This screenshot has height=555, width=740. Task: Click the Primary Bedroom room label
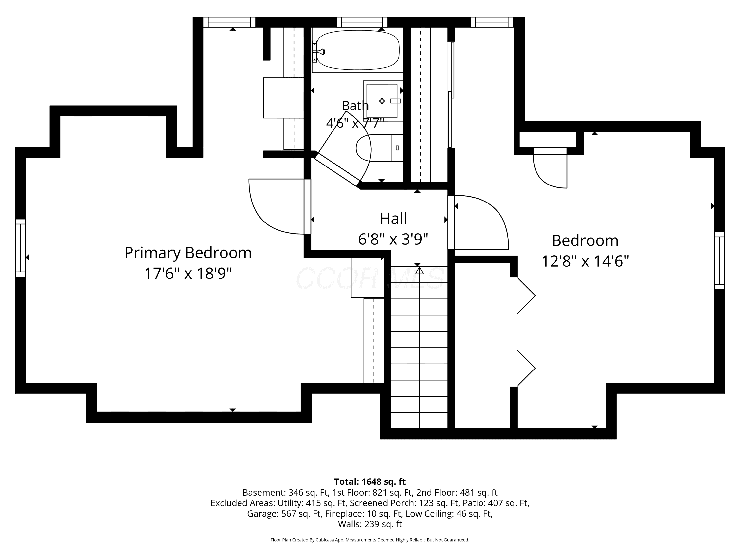[x=188, y=253]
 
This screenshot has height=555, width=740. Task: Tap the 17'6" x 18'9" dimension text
[x=188, y=273]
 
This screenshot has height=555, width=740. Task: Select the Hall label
[x=393, y=219]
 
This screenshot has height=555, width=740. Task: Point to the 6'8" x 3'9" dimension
[x=393, y=239]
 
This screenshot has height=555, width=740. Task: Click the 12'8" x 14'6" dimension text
[x=585, y=261]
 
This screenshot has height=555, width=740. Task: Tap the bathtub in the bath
[x=358, y=50]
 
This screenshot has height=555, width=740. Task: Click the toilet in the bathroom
[x=379, y=148]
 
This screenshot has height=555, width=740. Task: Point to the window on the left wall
[x=20, y=248]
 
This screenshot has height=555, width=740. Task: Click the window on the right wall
[x=720, y=261]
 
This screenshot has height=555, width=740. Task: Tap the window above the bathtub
[x=362, y=22]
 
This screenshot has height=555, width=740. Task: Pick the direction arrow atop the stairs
[x=420, y=270]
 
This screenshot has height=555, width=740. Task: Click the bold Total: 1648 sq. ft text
[x=370, y=482]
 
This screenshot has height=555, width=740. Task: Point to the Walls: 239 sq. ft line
[x=370, y=524]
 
